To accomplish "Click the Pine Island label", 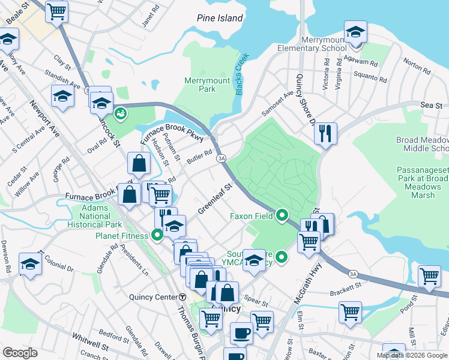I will point(220,19).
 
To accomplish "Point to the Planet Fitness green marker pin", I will point(157,235).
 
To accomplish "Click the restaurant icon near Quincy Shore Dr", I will point(325,133).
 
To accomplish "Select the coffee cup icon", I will point(242,333).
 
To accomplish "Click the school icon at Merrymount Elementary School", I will point(355,32).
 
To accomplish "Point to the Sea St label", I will point(432,104).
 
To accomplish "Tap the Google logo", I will point(20,353).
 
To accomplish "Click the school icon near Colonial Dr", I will point(30,264).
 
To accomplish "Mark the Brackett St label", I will point(343,293).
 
